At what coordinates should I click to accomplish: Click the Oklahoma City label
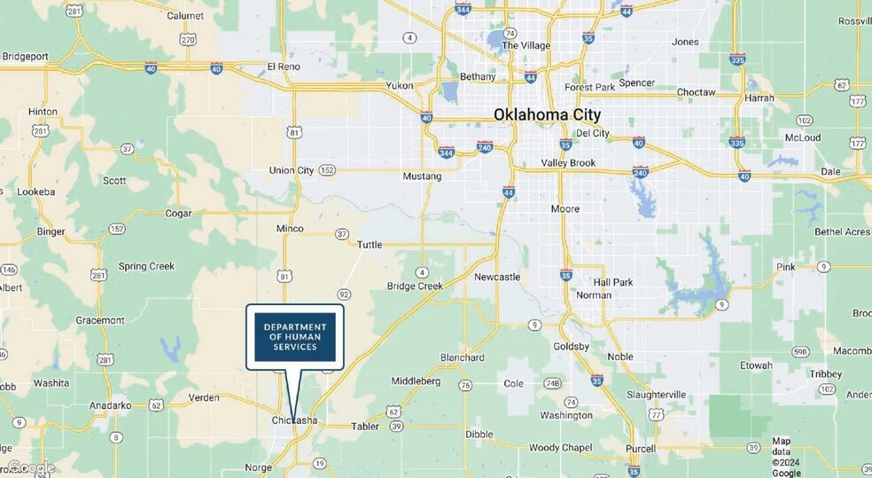coord(547,114)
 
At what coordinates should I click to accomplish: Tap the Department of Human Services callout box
coord(295,337)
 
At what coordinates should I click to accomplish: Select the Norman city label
coord(594,295)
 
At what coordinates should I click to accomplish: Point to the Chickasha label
coord(294,420)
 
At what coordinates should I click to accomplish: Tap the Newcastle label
coord(497,277)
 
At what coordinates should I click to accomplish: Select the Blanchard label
coord(463,357)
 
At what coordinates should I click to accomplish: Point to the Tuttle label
coord(370,245)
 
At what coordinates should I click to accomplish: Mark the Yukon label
coord(399,86)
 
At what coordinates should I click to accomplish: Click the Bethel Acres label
coord(842,231)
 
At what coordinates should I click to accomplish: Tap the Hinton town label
coord(43,112)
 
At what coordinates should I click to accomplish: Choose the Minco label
coord(290,228)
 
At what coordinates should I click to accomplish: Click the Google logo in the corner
coord(32,467)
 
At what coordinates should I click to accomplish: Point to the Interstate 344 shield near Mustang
coord(446,152)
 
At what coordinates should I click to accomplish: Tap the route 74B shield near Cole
coord(553,383)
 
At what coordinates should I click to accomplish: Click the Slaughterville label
coord(656,394)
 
